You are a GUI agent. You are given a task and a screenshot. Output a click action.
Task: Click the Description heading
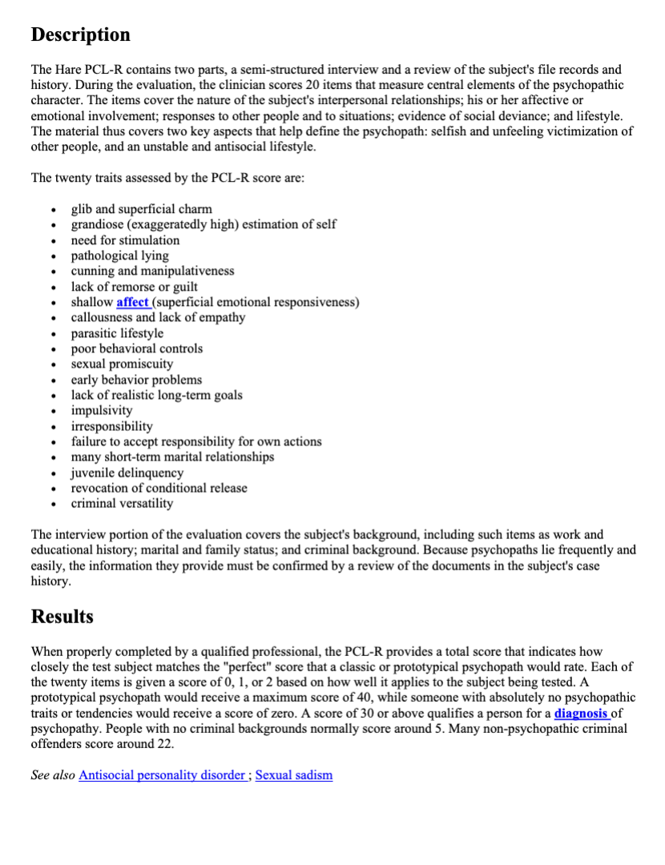80,35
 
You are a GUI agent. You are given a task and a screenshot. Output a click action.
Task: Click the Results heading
62,617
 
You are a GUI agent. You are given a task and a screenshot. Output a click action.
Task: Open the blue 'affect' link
132,302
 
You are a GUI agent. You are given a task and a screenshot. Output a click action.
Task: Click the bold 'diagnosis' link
581,714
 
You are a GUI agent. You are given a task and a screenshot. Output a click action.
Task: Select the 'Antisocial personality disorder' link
162,775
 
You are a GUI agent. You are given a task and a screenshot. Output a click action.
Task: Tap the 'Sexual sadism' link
293,775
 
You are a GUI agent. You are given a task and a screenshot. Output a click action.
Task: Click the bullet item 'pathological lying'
119,255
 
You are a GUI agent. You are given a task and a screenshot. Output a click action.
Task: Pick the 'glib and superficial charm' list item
141,209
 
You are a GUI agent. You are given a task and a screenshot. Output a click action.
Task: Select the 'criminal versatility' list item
122,503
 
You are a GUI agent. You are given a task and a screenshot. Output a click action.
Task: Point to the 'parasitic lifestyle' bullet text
117,333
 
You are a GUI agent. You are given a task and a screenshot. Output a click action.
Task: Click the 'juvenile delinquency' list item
127,473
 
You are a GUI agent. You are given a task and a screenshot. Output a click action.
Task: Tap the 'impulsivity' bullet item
102,410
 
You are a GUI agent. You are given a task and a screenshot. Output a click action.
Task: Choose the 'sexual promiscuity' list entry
122,364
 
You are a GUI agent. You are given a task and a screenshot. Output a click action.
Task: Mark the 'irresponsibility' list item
111,426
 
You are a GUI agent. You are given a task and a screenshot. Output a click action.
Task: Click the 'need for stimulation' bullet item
125,240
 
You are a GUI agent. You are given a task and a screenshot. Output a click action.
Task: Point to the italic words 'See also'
53,775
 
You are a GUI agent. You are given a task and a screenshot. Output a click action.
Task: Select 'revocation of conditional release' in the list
159,488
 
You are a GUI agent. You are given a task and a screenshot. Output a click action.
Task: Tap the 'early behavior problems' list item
136,380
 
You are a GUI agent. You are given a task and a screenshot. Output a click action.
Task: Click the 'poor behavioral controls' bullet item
136,348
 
